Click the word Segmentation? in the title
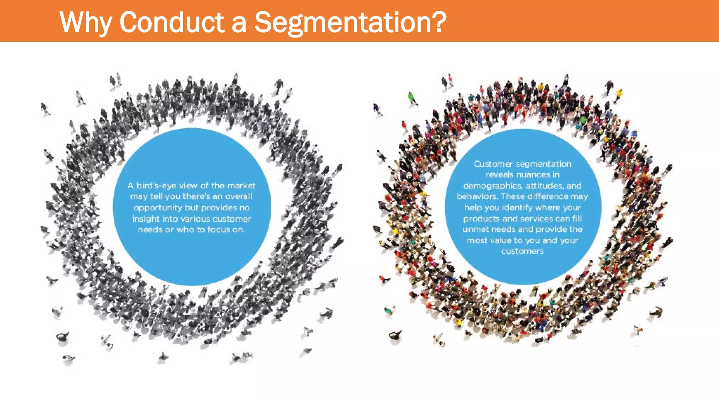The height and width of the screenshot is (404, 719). pos(350,22)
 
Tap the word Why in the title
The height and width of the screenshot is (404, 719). pos(86,22)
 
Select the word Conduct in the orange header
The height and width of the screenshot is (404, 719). pos(172,22)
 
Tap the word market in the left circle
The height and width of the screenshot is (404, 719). pos(241,186)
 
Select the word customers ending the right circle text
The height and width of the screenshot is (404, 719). pos(522,251)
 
